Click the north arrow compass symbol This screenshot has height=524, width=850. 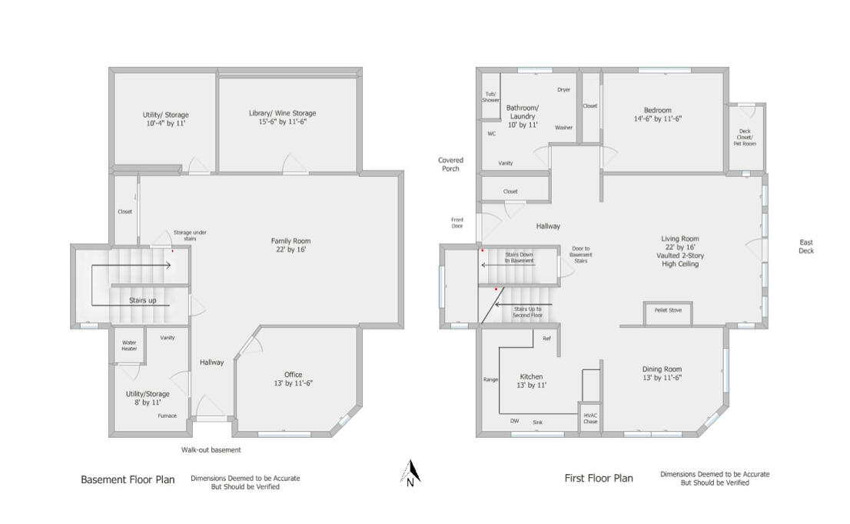[x=411, y=473]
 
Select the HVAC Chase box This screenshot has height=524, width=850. [x=589, y=418]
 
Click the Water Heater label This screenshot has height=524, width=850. [x=129, y=345]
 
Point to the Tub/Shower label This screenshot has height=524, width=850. [x=490, y=97]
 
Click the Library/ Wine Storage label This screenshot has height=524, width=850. [x=282, y=118]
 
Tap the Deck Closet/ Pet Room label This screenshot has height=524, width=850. [x=745, y=138]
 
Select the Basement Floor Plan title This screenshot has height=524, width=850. [x=128, y=479]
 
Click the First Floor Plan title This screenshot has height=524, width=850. [x=599, y=478]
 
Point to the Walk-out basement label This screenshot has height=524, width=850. [x=211, y=450]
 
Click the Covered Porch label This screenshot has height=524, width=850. [x=450, y=164]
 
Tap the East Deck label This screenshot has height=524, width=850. [x=805, y=246]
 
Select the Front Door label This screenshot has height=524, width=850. [x=457, y=223]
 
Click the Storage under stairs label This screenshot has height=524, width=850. [x=189, y=235]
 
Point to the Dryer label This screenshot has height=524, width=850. [x=563, y=90]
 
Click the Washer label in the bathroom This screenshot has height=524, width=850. [x=563, y=128]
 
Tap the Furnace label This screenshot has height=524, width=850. [x=167, y=416]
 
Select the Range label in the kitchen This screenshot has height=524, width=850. [x=490, y=379]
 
